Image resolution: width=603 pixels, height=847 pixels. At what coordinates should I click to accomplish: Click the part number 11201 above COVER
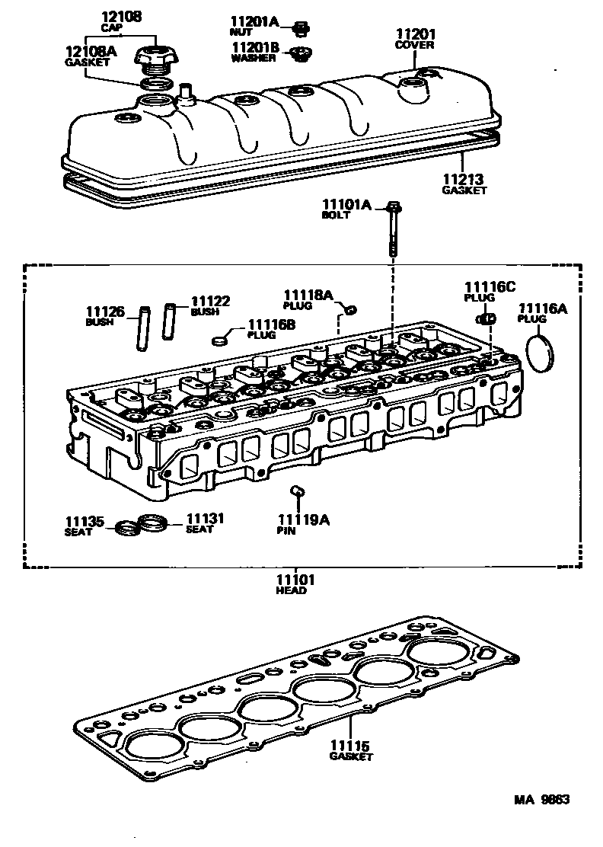click(414, 34)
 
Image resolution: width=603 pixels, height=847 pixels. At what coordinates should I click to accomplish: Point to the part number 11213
click(464, 179)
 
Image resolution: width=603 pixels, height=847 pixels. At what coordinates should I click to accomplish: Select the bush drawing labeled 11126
click(142, 328)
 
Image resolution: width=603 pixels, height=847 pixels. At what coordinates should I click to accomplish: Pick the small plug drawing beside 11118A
click(350, 309)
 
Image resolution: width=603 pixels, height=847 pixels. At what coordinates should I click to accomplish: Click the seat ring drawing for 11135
click(125, 528)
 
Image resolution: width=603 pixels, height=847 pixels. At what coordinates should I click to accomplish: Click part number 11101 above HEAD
click(296, 580)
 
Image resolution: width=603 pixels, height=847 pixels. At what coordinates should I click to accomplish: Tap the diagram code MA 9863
click(541, 800)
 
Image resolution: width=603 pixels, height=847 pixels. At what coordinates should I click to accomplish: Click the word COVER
click(414, 45)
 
